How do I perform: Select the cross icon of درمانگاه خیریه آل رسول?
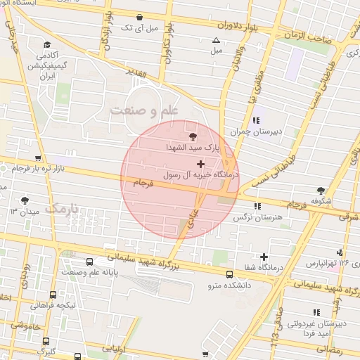[201, 163]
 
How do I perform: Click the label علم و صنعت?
[145, 110]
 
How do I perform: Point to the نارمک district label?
[63, 209]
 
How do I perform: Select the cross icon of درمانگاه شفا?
[264, 257]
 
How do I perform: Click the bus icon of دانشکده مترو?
[229, 274]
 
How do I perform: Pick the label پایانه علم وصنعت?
[88, 272]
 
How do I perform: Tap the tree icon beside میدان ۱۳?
[26, 200]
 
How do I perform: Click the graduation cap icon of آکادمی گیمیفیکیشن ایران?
[46, 44]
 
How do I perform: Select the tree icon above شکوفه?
[321, 190]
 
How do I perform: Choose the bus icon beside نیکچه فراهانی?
[53, 295]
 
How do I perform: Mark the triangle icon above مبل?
[217, 40]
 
